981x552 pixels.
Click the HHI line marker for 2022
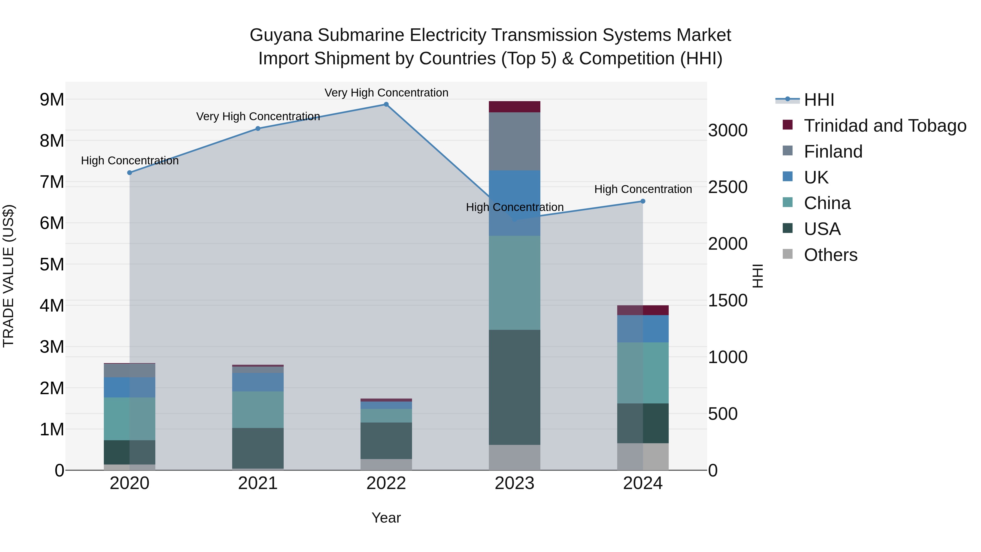[386, 104]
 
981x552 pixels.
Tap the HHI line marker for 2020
[129, 173]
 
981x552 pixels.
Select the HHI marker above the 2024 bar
[643, 201]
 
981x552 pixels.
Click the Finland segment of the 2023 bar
[514, 141]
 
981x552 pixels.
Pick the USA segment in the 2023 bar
[514, 387]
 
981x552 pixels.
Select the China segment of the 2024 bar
[643, 373]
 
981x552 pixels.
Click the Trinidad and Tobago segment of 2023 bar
[514, 107]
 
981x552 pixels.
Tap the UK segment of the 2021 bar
[258, 382]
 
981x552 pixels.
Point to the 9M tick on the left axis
[52, 100]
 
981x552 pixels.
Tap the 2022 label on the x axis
[386, 483]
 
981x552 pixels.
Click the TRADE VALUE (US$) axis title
[8, 276]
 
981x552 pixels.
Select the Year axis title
[386, 518]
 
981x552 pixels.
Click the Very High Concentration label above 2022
[386, 93]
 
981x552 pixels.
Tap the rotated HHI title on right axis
[758, 276]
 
